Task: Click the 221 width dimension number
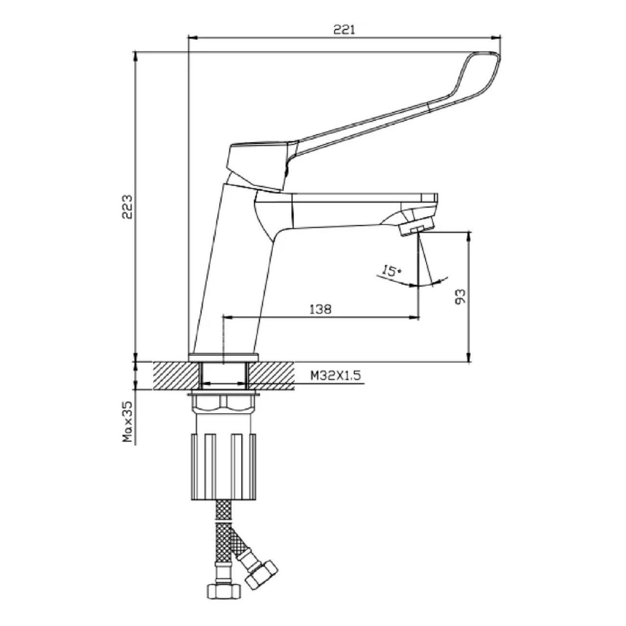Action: [344, 30]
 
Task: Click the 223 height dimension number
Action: [127, 207]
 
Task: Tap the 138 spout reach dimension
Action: [320, 309]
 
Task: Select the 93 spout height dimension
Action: [460, 296]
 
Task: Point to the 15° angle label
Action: [391, 270]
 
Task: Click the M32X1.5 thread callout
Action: [336, 376]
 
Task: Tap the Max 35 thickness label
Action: [128, 422]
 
